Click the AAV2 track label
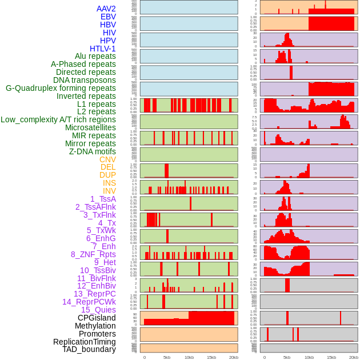point(106,9)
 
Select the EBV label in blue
point(108,17)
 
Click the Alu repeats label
point(95,56)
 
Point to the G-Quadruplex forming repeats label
point(61,88)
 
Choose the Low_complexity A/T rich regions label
point(58,119)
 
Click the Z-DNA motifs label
point(92,151)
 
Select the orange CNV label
point(107,159)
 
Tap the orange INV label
point(109,191)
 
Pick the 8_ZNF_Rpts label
point(93,254)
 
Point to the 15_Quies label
point(98,310)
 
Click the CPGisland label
point(97,318)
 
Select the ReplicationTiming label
point(84,342)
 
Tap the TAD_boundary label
point(89,349)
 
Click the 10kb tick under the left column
point(189,357)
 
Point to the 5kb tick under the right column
point(287,357)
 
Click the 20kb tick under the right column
point(354,357)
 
